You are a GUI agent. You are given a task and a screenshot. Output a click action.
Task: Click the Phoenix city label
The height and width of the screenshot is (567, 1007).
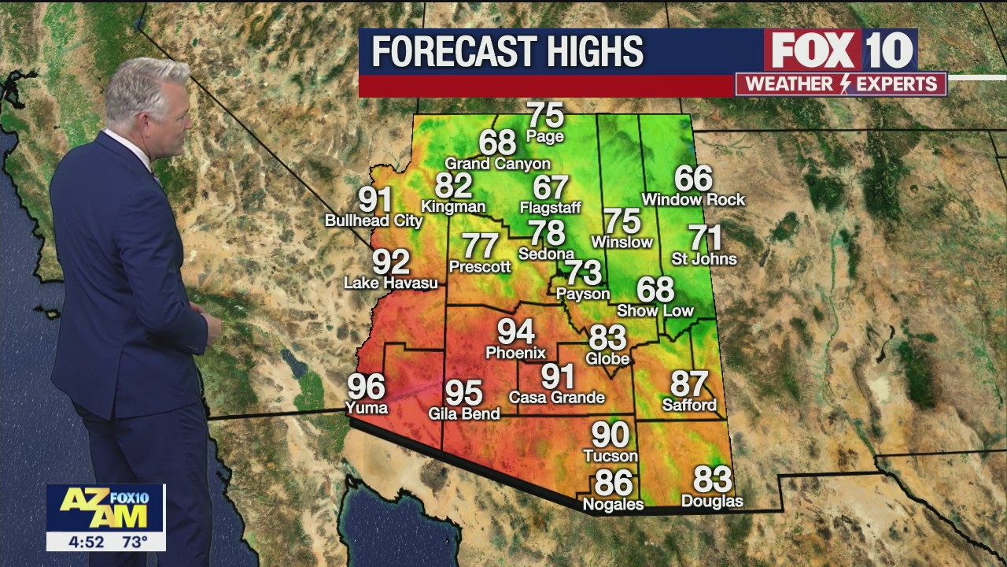(515, 353)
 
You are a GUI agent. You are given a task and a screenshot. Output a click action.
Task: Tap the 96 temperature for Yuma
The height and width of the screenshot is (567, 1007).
(367, 387)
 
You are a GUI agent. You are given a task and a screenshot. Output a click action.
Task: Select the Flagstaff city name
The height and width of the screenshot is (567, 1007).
(550, 208)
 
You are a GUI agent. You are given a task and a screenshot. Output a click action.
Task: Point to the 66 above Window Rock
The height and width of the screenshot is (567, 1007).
(693, 179)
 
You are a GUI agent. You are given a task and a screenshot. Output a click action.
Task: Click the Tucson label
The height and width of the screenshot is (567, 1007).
(610, 456)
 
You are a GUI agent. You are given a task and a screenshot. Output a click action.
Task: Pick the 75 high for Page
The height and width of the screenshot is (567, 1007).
(545, 115)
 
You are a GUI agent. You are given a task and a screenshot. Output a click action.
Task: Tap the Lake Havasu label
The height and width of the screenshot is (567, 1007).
(391, 283)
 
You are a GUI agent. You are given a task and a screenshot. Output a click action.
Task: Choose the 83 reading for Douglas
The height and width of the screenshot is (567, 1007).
(712, 479)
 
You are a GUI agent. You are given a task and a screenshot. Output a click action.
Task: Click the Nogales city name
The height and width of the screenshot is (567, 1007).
(613, 504)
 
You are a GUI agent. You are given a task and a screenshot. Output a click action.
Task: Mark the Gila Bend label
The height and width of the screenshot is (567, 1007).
(464, 413)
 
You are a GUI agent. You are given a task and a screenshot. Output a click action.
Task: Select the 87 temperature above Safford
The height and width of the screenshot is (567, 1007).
(689, 384)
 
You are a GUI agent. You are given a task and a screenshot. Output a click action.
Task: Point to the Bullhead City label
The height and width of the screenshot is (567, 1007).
(369, 220)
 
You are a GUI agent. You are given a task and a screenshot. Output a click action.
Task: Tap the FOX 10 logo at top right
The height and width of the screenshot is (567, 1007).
(840, 50)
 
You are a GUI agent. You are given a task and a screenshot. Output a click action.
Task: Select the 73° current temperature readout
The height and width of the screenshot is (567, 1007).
(135, 542)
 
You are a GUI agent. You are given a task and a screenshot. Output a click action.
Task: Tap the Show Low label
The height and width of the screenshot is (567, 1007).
(655, 311)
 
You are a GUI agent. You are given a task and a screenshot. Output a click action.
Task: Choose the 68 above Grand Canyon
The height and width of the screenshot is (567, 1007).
(497, 143)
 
